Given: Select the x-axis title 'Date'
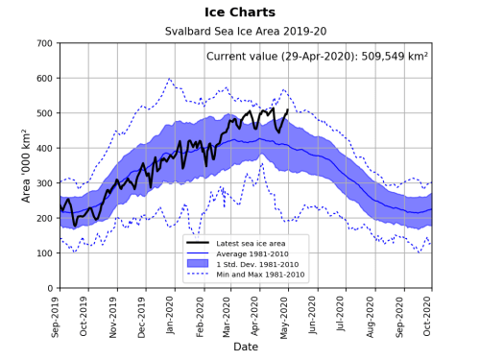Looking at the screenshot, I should point(246,346).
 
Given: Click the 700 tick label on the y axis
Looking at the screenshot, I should point(44,44).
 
